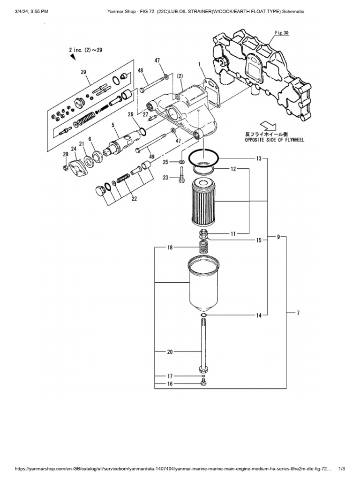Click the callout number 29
point(83,72)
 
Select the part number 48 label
point(140,71)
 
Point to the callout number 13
point(258,158)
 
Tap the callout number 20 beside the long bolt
point(170,351)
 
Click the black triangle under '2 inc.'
point(73,56)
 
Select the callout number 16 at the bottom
point(170,384)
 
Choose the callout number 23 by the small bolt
point(165,177)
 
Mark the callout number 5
point(113,125)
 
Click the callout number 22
point(134,198)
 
